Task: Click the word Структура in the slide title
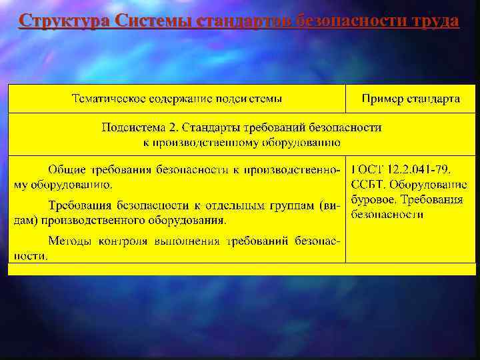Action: click(x=65, y=21)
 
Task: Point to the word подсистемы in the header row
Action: click(x=248, y=99)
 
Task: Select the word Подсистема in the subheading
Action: click(x=133, y=127)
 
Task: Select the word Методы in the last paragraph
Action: click(x=70, y=241)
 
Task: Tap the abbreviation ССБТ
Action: click(x=368, y=185)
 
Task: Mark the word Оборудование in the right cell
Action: click(x=429, y=185)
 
